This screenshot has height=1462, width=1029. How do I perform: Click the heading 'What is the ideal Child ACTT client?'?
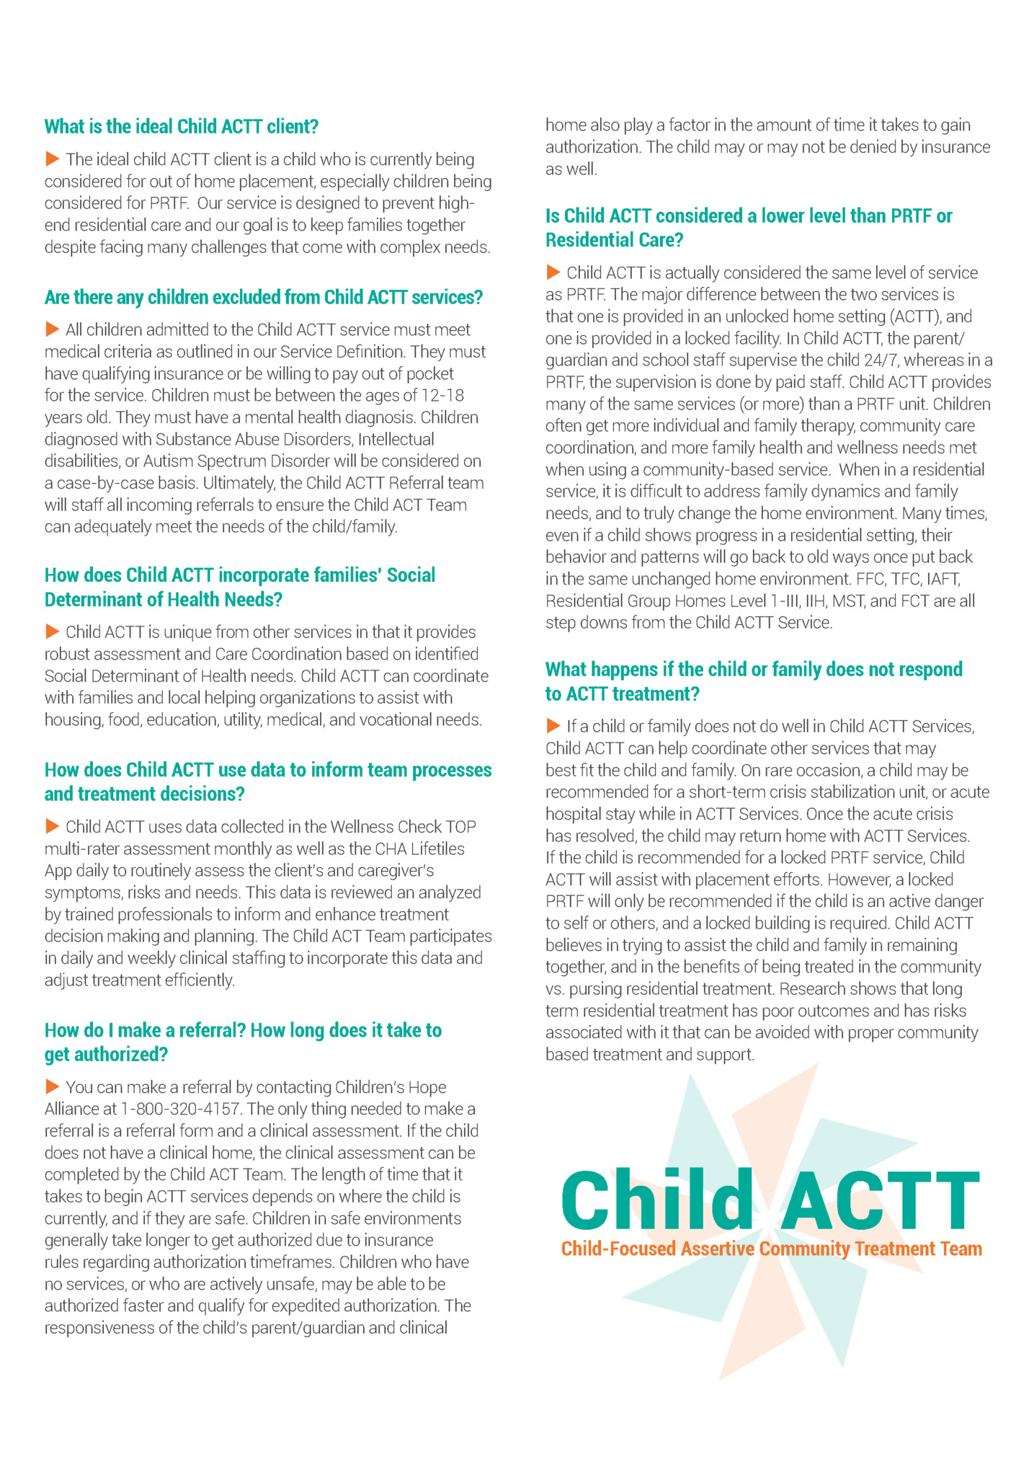pos(181,127)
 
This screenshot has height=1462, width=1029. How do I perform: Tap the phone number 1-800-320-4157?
pos(179,1109)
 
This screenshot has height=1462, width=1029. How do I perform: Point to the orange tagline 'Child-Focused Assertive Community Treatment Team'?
pos(771,1249)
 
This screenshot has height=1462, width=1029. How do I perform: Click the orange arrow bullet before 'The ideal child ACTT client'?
pos(52,159)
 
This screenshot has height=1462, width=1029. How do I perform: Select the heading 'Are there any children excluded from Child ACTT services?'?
pos(264,297)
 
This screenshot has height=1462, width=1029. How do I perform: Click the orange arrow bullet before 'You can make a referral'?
pos(52,1086)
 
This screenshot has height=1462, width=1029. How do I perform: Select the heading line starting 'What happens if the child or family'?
pos(753,670)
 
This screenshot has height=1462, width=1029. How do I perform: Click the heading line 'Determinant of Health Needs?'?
pos(163,600)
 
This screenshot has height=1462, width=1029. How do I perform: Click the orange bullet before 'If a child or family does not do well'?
pos(553,725)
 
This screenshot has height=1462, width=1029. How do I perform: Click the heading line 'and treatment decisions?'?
pos(144,794)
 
